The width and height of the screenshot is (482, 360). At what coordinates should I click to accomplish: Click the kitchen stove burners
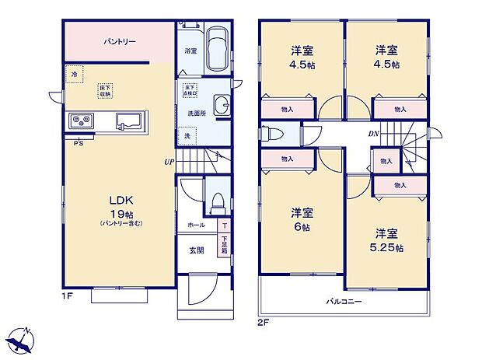[x=82, y=121]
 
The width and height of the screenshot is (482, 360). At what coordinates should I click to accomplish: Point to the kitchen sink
[x=128, y=121]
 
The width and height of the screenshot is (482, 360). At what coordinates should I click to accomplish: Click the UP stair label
[x=169, y=163]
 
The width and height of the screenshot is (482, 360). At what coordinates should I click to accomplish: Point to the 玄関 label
[x=197, y=250]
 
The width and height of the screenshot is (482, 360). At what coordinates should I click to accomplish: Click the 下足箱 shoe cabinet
[x=224, y=246]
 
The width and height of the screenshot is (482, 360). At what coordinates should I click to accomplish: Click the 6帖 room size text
[x=302, y=218]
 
